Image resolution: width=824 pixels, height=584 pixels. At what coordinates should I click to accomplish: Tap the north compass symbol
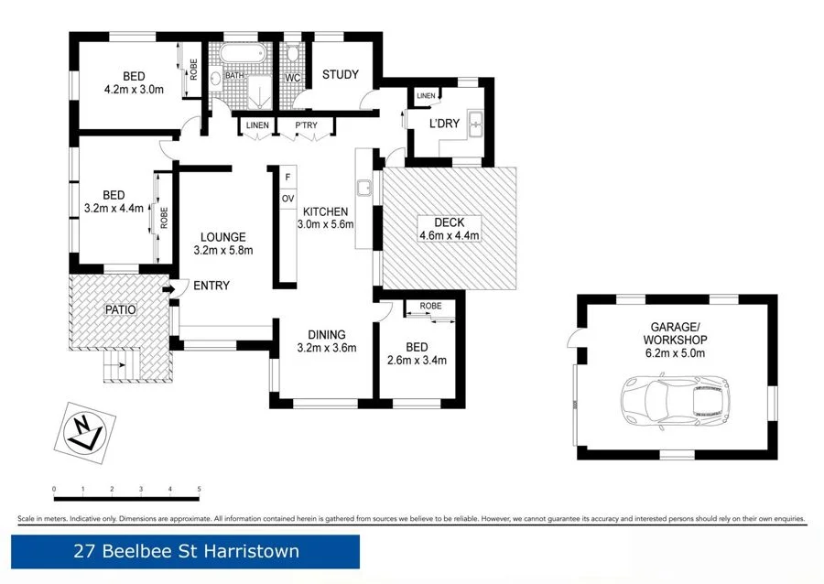90,427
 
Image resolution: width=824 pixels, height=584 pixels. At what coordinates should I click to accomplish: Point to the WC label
293,78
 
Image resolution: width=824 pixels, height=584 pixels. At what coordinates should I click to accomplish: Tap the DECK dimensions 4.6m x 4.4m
450,236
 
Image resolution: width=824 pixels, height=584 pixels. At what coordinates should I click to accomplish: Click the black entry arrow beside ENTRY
169,290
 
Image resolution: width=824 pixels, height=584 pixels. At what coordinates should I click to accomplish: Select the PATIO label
120,309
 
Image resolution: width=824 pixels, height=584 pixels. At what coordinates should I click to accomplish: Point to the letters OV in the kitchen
287,199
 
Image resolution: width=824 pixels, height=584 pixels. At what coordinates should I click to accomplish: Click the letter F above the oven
287,177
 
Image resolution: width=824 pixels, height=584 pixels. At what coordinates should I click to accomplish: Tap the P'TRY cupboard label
305,125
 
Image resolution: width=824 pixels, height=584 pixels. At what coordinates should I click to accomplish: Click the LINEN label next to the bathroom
257,125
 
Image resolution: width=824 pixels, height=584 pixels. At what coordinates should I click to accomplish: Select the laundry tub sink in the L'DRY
475,124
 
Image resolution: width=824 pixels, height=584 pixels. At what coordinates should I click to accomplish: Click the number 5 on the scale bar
199,490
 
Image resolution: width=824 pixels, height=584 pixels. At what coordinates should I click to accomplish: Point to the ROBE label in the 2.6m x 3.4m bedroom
430,307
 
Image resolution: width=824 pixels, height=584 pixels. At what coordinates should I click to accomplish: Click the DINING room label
326,334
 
